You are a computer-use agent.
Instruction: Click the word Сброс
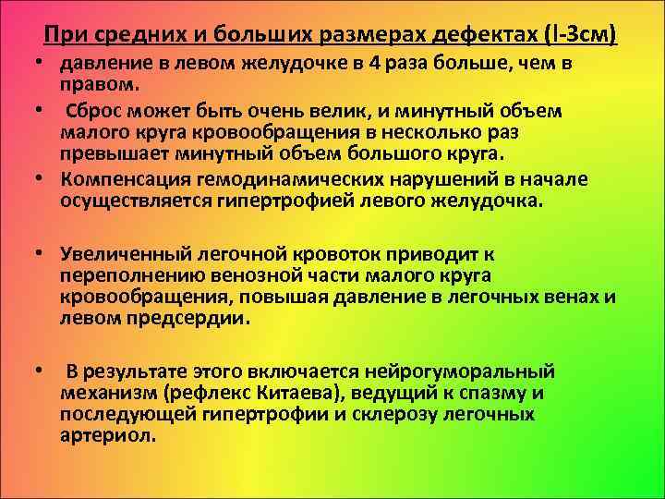coord(97,111)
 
